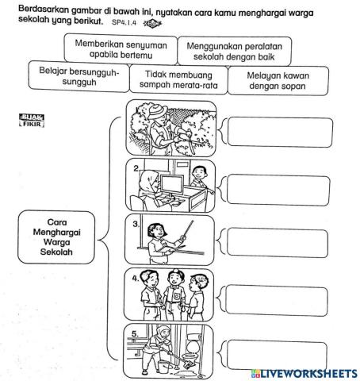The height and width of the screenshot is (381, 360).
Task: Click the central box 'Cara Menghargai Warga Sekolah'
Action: coord(56,236)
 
